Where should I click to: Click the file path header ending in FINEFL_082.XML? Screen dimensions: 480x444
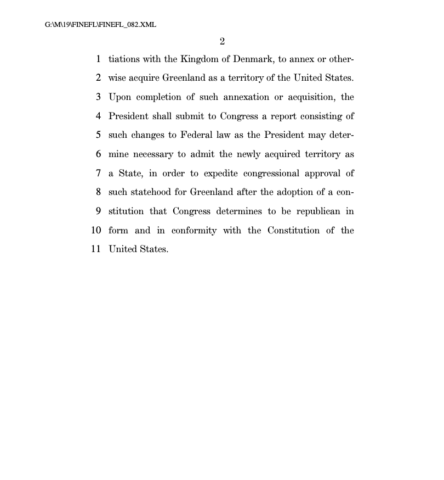pyautogui.click(x=101, y=25)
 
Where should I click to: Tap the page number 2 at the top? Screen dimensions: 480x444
pyautogui.click(x=222, y=41)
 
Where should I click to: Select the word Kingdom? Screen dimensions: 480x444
pyautogui.click(x=201, y=59)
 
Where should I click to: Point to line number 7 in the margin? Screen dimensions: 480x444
pyautogui.click(x=98, y=173)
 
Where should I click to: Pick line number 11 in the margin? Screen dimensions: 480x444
pyautogui.click(x=96, y=249)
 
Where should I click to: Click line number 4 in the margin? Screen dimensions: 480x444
pyautogui.click(x=98, y=116)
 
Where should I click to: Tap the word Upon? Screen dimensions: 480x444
pyautogui.click(x=119, y=97)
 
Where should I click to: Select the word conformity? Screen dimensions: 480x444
pyautogui.click(x=194, y=231)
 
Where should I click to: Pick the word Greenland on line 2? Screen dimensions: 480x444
pyautogui.click(x=184, y=78)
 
